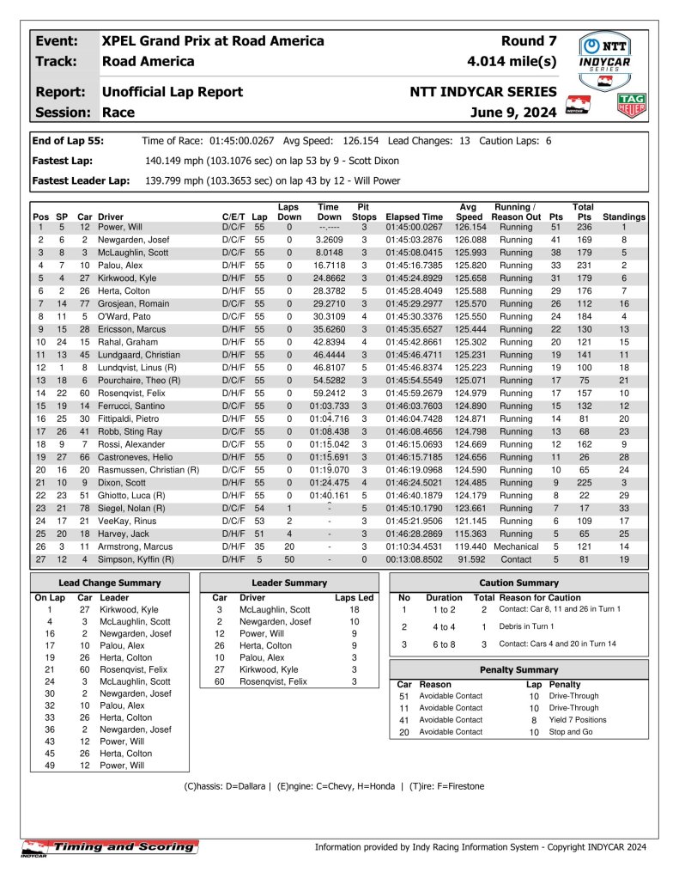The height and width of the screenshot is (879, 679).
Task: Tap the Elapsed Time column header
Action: click(x=415, y=217)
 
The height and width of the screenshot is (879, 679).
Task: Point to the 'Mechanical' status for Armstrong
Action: click(x=516, y=546)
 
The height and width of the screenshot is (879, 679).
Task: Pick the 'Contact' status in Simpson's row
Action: click(x=516, y=559)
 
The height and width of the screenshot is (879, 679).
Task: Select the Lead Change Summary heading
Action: click(x=109, y=583)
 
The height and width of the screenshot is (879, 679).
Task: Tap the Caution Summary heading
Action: click(x=518, y=583)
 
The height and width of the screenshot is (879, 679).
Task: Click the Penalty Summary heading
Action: click(x=518, y=669)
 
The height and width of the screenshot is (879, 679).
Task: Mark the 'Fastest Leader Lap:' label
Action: click(x=81, y=180)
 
